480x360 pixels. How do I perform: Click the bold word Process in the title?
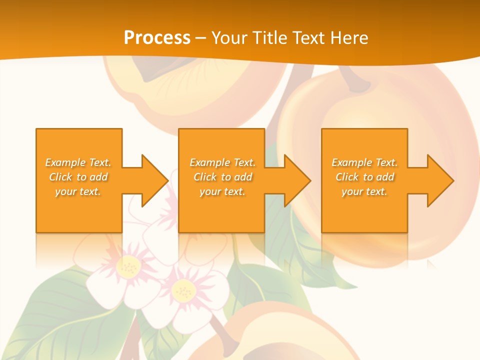[157, 38]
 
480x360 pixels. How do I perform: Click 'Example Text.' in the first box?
[78, 162]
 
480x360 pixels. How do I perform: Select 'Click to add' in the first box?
[78, 177]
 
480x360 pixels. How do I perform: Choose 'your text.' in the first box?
[78, 191]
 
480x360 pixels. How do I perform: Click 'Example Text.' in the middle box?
[222, 162]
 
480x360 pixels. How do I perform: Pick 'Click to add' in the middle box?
[222, 177]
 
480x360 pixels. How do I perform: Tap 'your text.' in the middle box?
[222, 191]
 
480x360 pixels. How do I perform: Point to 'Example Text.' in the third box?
[364, 162]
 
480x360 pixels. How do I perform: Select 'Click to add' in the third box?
[364, 177]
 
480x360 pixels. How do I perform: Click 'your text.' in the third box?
[364, 191]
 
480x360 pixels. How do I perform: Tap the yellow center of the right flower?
[183, 290]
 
